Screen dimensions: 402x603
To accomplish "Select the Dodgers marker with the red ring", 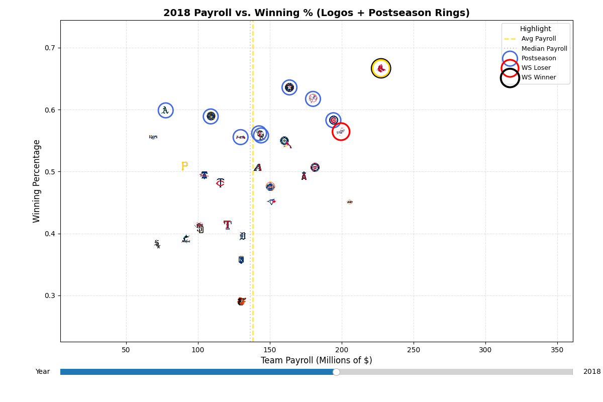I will [341, 132].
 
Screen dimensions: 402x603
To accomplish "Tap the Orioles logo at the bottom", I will [242, 301].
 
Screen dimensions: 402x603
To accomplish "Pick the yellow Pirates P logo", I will [184, 166].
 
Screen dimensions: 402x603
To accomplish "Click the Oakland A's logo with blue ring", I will [165, 111].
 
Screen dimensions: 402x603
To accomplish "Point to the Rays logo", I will [153, 137].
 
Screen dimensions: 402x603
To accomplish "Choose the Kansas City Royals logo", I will [241, 260].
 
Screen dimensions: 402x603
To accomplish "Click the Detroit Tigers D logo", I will [243, 236].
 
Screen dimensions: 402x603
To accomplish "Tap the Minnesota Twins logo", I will [220, 183].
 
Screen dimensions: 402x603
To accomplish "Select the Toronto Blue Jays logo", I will [271, 202].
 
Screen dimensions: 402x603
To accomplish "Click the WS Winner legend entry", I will [538, 77].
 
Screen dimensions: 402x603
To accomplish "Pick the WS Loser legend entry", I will [536, 68].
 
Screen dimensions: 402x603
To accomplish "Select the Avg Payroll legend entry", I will [538, 39].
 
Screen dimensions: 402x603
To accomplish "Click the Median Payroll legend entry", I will [544, 49].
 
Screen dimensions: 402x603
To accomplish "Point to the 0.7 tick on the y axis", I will [52, 48].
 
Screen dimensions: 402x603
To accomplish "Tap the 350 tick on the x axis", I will [557, 350].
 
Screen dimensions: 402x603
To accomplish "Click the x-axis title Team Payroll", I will [316, 360].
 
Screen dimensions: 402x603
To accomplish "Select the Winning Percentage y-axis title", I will [37, 181].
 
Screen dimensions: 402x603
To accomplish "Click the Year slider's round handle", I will [336, 372].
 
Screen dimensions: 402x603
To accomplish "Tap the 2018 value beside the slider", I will [591, 372].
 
